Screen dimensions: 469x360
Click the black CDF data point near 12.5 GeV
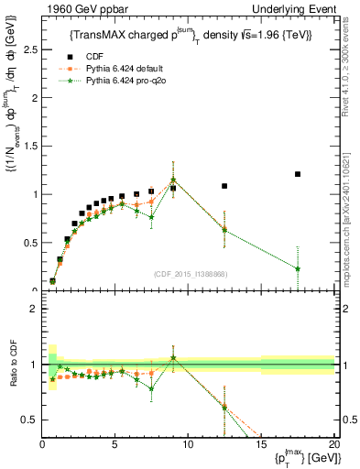(224, 186)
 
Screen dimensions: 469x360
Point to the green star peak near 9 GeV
(173, 180)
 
